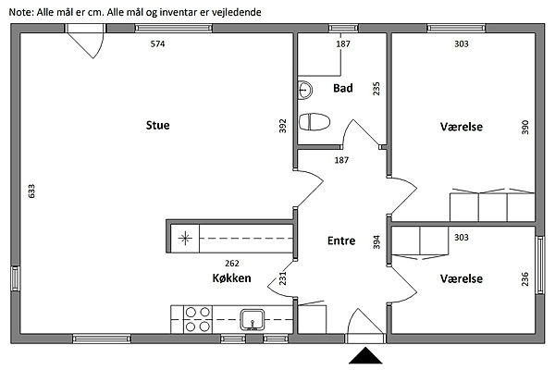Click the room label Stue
click(158, 126)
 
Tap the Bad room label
click(343, 88)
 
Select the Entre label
click(341, 240)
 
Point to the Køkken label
click(232, 277)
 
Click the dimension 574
click(157, 43)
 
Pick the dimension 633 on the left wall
click(31, 191)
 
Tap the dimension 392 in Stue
click(282, 126)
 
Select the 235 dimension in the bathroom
click(376, 89)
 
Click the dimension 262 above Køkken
click(232, 264)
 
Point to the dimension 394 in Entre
click(376, 242)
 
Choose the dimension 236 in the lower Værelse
click(524, 279)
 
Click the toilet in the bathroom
click(314, 122)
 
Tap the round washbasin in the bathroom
click(304, 90)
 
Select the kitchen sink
click(253, 320)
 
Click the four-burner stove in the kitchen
click(198, 319)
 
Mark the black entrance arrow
click(365, 356)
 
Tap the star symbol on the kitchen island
click(185, 239)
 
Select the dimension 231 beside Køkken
click(282, 278)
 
